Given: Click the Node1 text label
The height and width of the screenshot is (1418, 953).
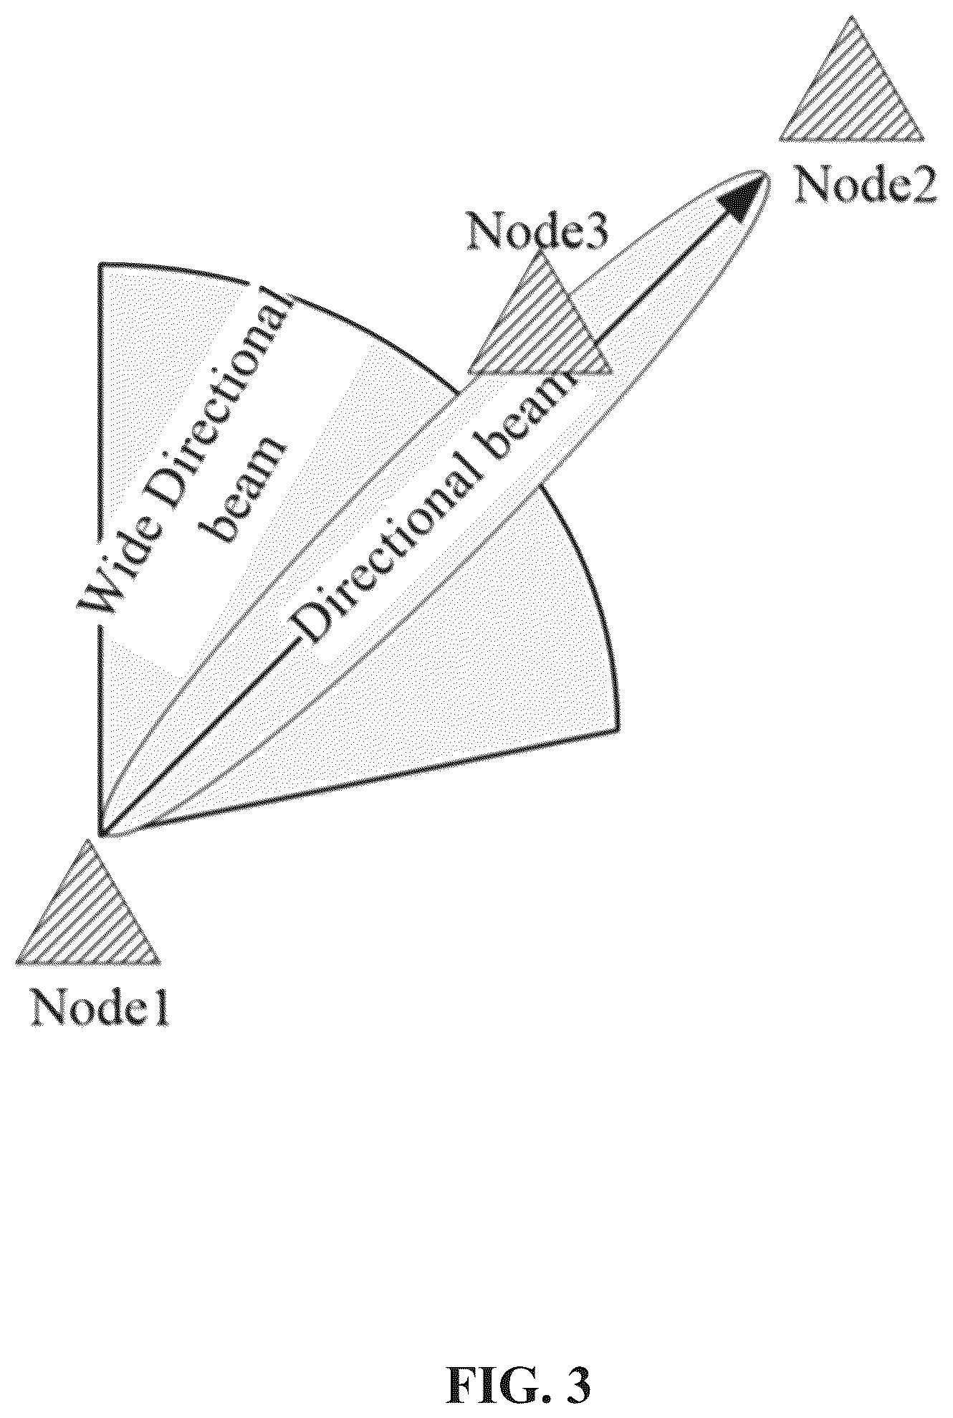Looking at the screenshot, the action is (100, 1009).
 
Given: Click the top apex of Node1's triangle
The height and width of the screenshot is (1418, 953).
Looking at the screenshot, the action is (90, 839).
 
